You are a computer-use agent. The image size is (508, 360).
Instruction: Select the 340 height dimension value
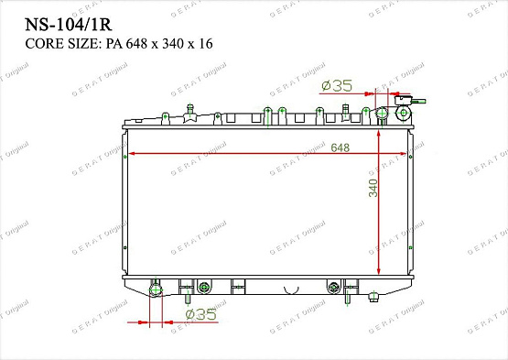pos(372,188)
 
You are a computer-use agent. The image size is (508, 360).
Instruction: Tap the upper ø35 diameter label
pos(338,86)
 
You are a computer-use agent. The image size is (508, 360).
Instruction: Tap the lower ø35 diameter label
pos(200,315)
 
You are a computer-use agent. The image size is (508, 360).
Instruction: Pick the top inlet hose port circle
pos(384,114)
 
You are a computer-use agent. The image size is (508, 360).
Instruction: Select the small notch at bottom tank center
pos(291,291)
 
